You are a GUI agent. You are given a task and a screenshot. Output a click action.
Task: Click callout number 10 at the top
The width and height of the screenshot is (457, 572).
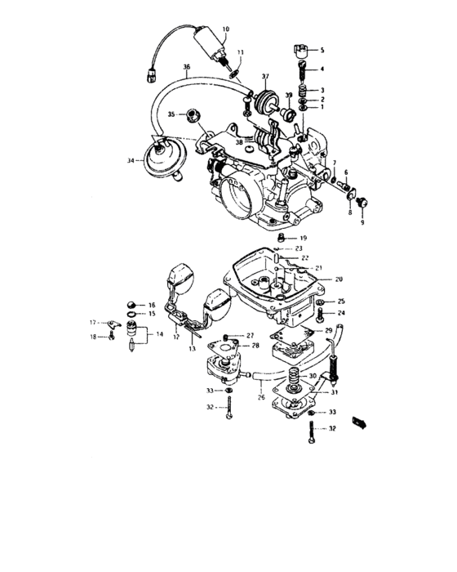click(225, 29)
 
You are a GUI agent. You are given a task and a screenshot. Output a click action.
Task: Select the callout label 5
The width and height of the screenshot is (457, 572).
click(321, 50)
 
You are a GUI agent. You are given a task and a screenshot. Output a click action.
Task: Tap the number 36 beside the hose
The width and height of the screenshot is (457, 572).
click(187, 66)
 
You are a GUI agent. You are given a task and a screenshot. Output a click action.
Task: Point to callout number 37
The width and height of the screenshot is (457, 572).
click(265, 76)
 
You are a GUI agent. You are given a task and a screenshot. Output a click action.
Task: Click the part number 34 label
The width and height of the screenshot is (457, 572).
click(130, 161)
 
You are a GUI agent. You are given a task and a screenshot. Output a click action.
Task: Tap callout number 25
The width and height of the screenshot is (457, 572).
click(342, 301)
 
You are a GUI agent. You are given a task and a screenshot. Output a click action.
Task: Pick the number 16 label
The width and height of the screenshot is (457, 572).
click(151, 304)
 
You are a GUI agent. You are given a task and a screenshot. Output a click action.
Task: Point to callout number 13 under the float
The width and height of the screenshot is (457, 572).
click(193, 348)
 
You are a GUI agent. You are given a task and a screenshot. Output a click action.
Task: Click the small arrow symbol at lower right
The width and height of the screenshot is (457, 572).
click(358, 422)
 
